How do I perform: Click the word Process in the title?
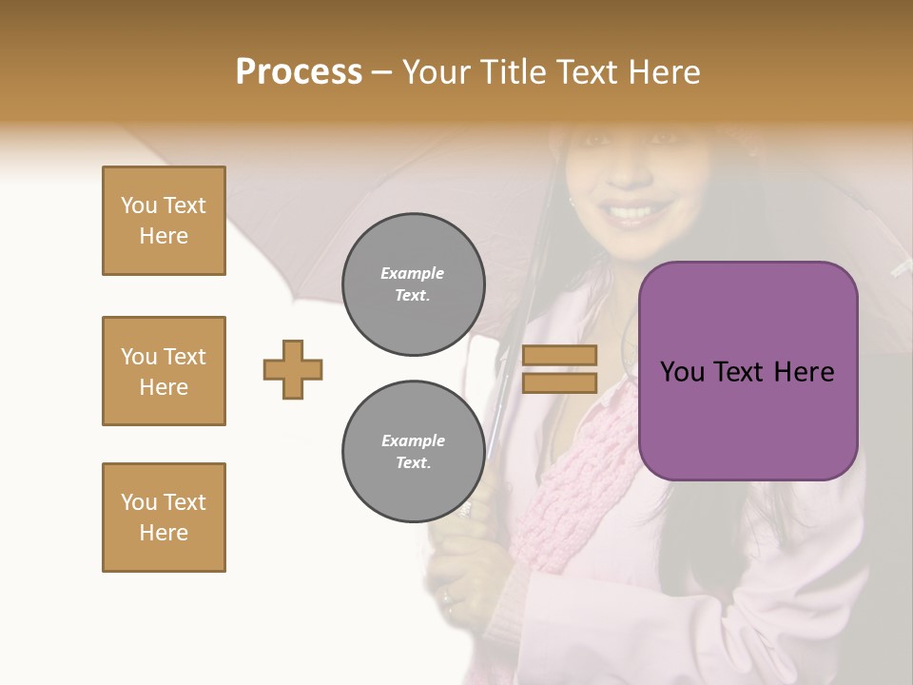click(299, 72)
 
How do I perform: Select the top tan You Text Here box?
click(164, 221)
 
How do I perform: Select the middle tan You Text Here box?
click(164, 371)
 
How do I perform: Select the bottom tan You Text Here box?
click(164, 518)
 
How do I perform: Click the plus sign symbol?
click(293, 369)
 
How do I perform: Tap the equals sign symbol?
click(559, 369)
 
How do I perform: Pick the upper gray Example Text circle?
click(414, 284)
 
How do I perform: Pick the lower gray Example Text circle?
click(414, 451)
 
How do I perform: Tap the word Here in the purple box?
click(804, 372)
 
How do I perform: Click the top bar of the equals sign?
click(559, 355)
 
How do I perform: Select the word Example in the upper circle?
click(413, 273)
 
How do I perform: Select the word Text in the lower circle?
click(413, 463)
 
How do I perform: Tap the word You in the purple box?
click(682, 372)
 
